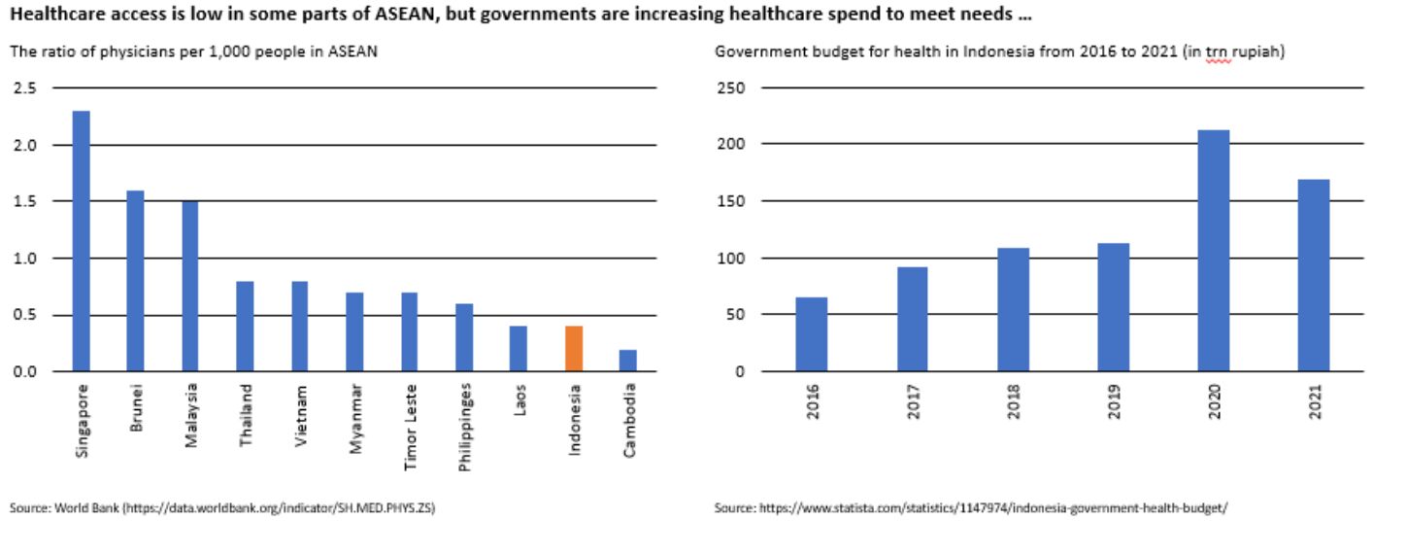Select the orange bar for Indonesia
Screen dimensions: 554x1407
click(575, 349)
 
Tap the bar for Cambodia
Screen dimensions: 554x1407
click(629, 361)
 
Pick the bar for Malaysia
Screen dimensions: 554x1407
click(191, 286)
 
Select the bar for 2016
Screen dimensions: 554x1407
click(812, 334)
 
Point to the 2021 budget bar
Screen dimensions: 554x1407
click(1314, 276)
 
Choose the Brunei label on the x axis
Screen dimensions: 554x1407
click(137, 409)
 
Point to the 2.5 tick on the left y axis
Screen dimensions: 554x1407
click(25, 88)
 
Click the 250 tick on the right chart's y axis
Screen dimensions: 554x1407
click(731, 88)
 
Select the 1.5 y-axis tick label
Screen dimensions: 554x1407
click(25, 201)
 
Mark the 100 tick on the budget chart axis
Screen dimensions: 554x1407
click(731, 259)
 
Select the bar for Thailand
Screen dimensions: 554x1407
click(246, 327)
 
